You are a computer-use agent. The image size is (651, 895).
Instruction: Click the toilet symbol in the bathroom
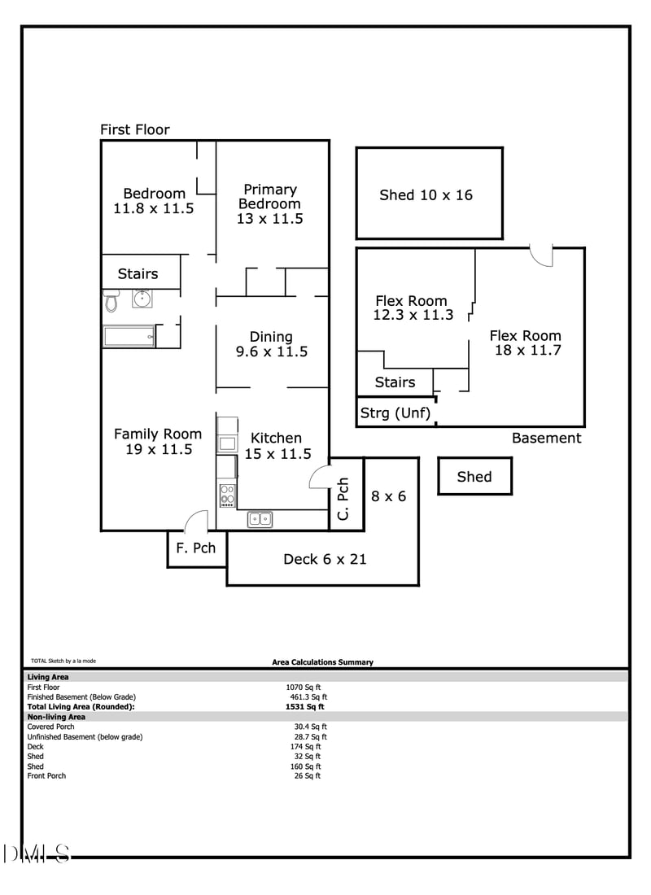click(111, 301)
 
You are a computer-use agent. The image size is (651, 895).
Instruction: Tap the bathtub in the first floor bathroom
click(129, 336)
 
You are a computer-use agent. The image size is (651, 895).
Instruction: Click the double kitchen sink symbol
click(260, 518)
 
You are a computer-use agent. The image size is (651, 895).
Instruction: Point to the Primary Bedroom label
click(269, 204)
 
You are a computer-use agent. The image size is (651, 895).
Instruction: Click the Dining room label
click(271, 344)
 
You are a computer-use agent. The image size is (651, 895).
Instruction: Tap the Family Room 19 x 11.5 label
click(158, 442)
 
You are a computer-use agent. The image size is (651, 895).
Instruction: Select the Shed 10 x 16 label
click(426, 195)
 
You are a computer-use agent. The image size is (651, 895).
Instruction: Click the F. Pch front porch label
click(195, 548)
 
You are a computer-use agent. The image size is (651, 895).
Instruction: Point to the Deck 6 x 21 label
click(325, 559)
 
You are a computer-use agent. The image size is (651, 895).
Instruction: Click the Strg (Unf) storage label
click(395, 413)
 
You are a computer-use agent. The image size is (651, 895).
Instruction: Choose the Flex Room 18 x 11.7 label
click(526, 343)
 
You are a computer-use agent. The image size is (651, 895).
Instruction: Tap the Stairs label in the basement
click(395, 382)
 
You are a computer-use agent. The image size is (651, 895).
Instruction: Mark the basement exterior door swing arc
click(541, 255)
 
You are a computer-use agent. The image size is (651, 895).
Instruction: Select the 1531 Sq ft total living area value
click(305, 707)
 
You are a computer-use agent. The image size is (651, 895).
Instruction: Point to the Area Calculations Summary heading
click(322, 662)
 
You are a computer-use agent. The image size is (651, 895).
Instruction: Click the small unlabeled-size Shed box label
click(474, 477)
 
